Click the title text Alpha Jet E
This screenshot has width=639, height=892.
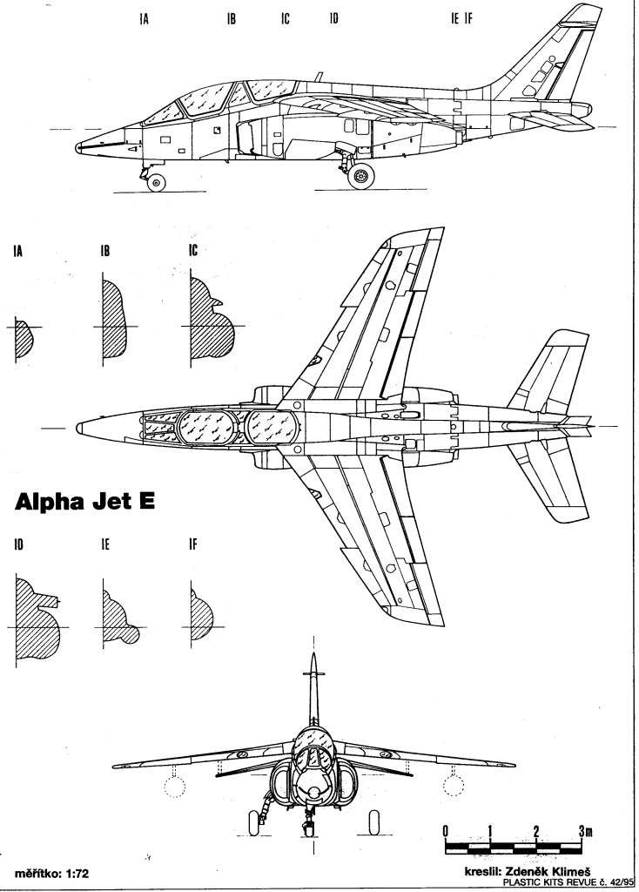click(x=84, y=502)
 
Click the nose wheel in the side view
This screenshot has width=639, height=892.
click(x=156, y=182)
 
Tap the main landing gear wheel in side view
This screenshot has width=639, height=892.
click(x=361, y=176)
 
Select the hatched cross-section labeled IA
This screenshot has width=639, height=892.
click(x=24, y=340)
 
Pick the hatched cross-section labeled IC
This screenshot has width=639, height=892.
click(x=211, y=319)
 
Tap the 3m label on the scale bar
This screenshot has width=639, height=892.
click(x=586, y=830)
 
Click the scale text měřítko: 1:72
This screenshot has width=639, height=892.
click(x=51, y=873)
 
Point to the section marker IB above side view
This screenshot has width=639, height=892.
click(x=231, y=19)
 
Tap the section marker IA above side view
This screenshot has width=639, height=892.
click(x=144, y=19)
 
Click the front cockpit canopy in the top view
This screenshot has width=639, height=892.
click(x=207, y=427)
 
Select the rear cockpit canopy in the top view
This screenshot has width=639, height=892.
click(x=272, y=427)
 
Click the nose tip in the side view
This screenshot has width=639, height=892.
click(x=77, y=148)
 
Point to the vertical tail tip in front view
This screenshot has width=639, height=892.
click(x=313, y=654)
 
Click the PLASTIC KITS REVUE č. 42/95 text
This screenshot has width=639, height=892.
click(x=567, y=882)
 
